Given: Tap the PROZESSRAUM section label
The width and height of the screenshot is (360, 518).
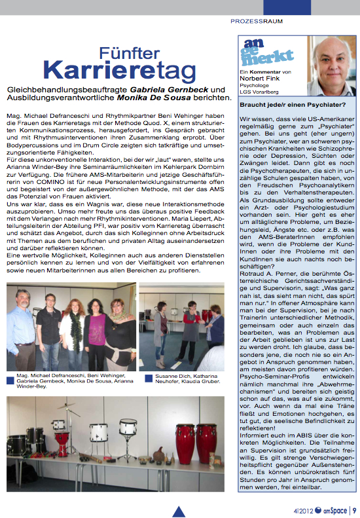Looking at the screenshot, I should [x=257, y=21].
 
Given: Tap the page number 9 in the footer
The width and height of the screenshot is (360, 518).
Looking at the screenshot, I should [x=354, y=510].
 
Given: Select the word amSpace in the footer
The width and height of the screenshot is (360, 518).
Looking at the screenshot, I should [x=336, y=510].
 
